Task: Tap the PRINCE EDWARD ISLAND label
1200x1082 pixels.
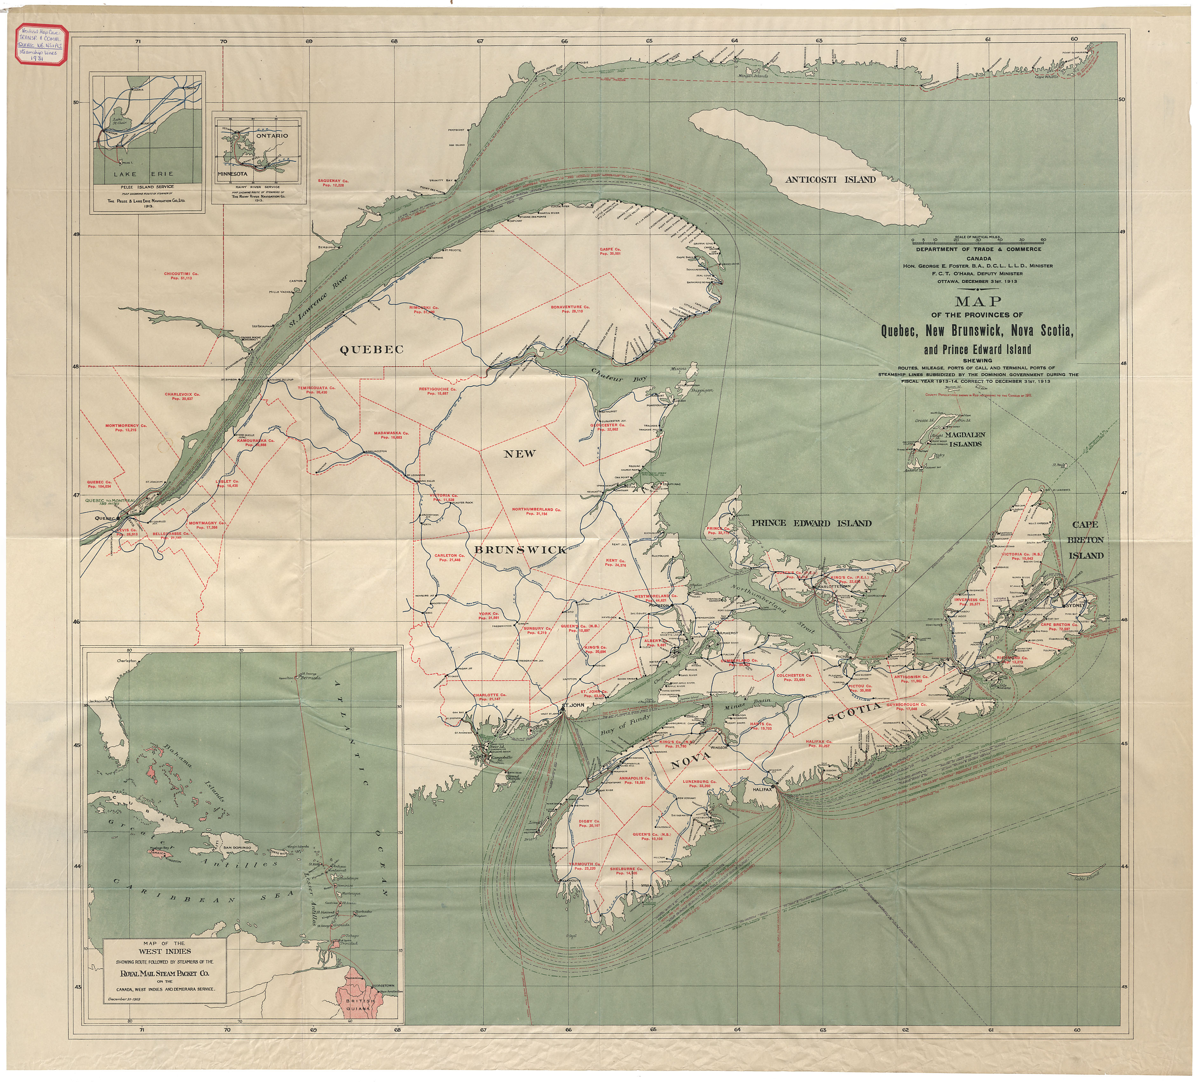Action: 811,523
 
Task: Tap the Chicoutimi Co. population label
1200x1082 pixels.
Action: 181,276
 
